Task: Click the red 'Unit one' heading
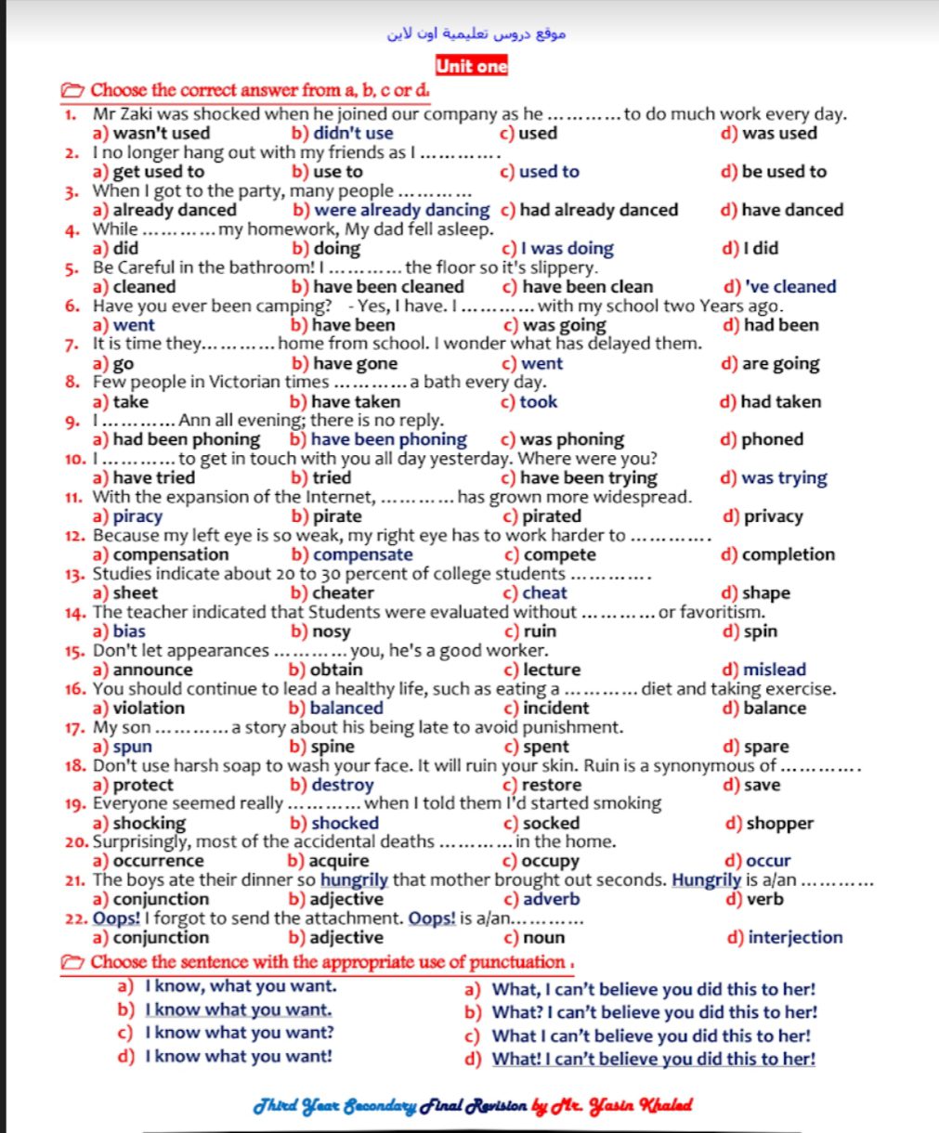(x=471, y=66)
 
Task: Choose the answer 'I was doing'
(x=567, y=248)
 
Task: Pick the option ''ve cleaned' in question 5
(x=790, y=287)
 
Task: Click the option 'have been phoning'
(x=388, y=439)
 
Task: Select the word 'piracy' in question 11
(x=137, y=516)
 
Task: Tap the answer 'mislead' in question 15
(x=775, y=670)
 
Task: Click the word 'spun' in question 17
(x=132, y=747)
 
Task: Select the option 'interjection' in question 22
(x=795, y=937)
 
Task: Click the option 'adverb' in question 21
(x=551, y=899)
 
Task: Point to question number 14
(x=75, y=613)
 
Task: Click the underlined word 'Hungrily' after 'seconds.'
(x=706, y=879)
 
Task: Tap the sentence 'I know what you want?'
(x=240, y=1033)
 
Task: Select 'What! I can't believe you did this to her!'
(x=654, y=1059)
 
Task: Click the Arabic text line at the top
(x=476, y=33)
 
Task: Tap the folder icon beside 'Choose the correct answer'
(x=72, y=91)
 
